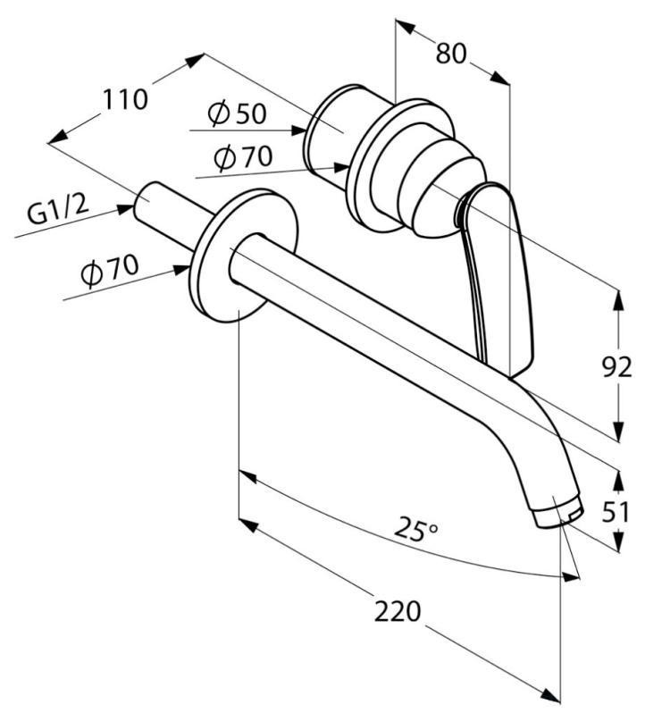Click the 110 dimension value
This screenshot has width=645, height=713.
pos(124,98)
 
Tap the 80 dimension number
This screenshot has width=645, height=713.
pos(451,54)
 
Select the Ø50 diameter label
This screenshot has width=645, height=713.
pos(237,113)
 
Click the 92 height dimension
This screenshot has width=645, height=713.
pos(616,366)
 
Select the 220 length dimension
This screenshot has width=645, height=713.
pos(398,611)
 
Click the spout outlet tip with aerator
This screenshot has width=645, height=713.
pos(557,512)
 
